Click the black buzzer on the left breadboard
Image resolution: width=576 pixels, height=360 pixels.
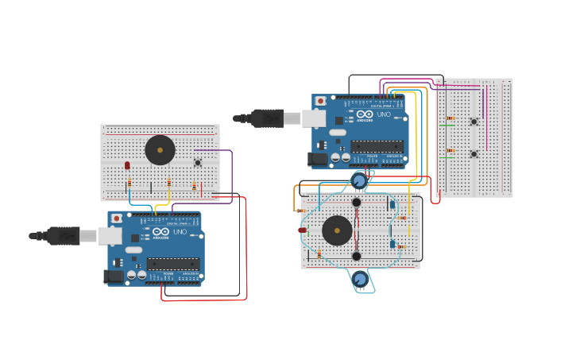coord(160,149)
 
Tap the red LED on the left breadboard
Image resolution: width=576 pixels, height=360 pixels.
coord(127,165)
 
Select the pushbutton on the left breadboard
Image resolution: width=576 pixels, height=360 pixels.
coord(198,162)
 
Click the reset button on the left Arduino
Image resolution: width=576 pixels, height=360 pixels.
coord(117,218)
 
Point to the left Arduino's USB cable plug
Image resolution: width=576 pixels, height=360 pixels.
coord(64,235)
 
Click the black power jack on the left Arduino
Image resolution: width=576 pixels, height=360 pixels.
coord(114,276)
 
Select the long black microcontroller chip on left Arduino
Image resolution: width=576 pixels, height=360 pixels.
coord(172,263)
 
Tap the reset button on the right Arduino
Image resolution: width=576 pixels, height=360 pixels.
coord(320,101)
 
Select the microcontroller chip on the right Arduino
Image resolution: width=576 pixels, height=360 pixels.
coord(377,146)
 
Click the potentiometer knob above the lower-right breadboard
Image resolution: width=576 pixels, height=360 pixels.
coord(360,181)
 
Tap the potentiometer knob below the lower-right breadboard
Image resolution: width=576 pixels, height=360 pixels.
coord(361,279)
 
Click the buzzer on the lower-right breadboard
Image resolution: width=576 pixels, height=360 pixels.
coord(337,230)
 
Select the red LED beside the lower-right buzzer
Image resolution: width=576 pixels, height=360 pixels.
coord(303,230)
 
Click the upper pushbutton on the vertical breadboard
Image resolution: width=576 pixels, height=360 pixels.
coord(474,121)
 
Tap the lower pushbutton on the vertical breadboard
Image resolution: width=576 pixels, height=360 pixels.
coord(474,153)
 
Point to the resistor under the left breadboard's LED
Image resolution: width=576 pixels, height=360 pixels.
coord(130,183)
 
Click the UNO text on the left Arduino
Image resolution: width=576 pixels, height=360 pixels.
coord(180,232)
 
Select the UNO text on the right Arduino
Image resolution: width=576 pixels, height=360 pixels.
coord(384,114)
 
